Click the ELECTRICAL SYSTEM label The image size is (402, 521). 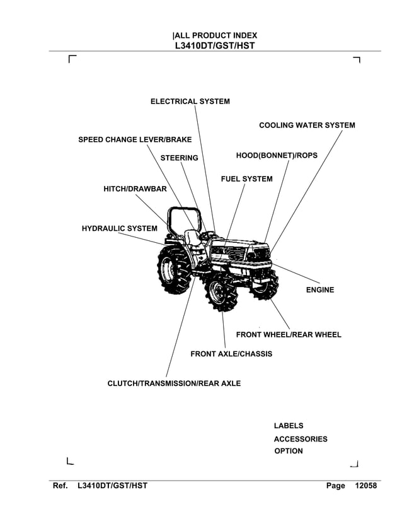pyautogui.click(x=190, y=102)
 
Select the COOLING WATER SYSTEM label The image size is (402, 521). pyautogui.click(x=307, y=126)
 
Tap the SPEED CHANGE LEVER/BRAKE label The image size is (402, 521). pyautogui.click(x=134, y=139)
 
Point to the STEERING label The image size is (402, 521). pyautogui.click(x=179, y=158)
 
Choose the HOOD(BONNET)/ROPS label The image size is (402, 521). pyautogui.click(x=277, y=155)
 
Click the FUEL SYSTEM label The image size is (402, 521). pyautogui.click(x=246, y=179)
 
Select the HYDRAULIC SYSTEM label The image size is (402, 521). pyautogui.click(x=119, y=228)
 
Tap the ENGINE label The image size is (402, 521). pyautogui.click(x=319, y=290)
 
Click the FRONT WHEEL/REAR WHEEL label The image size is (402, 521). pyautogui.click(x=288, y=334)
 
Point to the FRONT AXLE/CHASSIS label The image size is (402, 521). pyautogui.click(x=231, y=354)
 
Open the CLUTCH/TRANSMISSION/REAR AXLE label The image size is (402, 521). pyautogui.click(x=174, y=383)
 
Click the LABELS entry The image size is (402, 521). pyautogui.click(x=288, y=426)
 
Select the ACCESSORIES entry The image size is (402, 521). pyautogui.click(x=300, y=439)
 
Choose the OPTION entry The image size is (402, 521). pyautogui.click(x=288, y=451)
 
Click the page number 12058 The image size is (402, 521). pyautogui.click(x=365, y=486)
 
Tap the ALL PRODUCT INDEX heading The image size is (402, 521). pyautogui.click(x=215, y=36)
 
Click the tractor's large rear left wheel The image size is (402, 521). pyautogui.click(x=170, y=267)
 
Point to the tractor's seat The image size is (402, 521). pyautogui.click(x=192, y=238)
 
